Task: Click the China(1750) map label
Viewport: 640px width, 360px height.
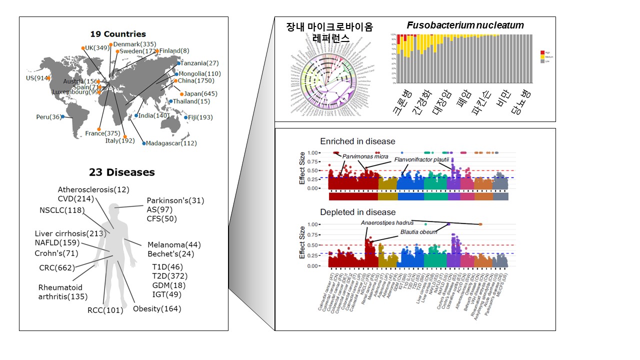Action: click(196, 80)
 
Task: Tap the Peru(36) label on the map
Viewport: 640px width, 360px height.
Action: click(48, 117)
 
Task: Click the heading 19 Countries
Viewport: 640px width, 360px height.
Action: click(118, 34)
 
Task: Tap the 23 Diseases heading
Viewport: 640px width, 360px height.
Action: click(122, 172)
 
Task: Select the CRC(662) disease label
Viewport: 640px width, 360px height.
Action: click(54, 267)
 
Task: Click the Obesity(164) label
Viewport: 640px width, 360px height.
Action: click(157, 308)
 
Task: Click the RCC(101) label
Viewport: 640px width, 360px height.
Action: click(105, 310)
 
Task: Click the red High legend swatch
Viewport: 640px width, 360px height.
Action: click(542, 52)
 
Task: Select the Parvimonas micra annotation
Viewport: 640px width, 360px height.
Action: click(365, 156)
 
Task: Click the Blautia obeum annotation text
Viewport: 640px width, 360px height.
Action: click(418, 231)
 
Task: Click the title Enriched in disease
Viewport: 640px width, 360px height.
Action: click(357, 141)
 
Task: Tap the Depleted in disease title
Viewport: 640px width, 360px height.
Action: click(358, 212)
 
